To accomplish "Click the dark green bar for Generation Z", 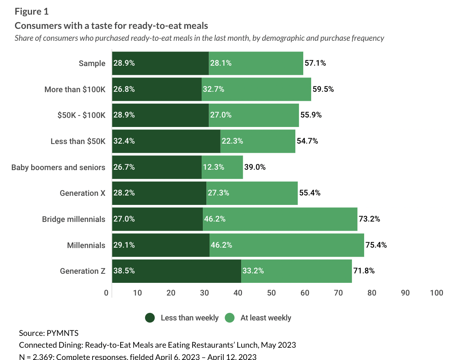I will (x=176, y=271).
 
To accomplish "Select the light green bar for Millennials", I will (x=287, y=245).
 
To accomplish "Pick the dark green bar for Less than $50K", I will (x=166, y=141).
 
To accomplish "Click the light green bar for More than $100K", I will (x=256, y=89).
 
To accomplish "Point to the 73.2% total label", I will (x=369, y=219).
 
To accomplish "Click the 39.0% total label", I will (x=255, y=167).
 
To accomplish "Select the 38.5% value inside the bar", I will (x=124, y=271).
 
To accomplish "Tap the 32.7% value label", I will (x=213, y=89).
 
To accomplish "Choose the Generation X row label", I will (x=83, y=193).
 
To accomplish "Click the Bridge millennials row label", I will (x=74, y=219).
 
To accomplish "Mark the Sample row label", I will (x=92, y=63).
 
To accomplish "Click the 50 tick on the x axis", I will (x=271, y=293).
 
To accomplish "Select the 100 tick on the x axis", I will (x=437, y=293).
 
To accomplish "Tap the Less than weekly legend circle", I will (x=150, y=318).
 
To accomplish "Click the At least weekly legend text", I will (x=266, y=318).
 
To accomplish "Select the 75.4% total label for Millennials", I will (x=376, y=245).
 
